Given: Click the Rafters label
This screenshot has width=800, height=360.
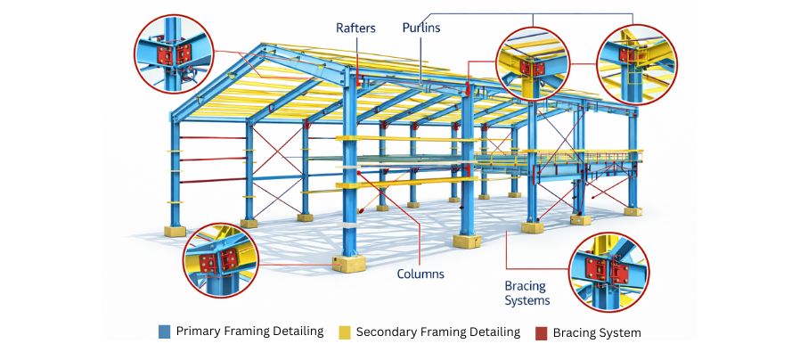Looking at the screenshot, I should click(355, 28).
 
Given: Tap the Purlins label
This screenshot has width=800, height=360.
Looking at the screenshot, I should click(420, 28).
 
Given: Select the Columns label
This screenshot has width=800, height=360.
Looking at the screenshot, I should click(420, 274).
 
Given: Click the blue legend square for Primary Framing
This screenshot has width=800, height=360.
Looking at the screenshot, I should click(164, 332).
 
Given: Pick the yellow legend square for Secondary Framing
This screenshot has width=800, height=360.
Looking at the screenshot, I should click(344, 332).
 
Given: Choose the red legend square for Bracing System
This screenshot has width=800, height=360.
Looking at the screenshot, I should click(541, 332).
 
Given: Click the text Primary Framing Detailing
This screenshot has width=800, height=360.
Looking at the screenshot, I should click(249, 331).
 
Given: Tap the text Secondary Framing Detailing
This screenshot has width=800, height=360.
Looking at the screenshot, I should click(437, 331).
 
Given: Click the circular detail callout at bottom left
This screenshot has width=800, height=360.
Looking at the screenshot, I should click(222, 260).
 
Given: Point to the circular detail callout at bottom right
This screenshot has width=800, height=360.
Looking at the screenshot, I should click(608, 273).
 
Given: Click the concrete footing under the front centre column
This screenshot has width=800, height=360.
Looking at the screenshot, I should click(347, 263).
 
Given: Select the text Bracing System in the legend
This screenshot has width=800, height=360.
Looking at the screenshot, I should click(596, 332).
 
